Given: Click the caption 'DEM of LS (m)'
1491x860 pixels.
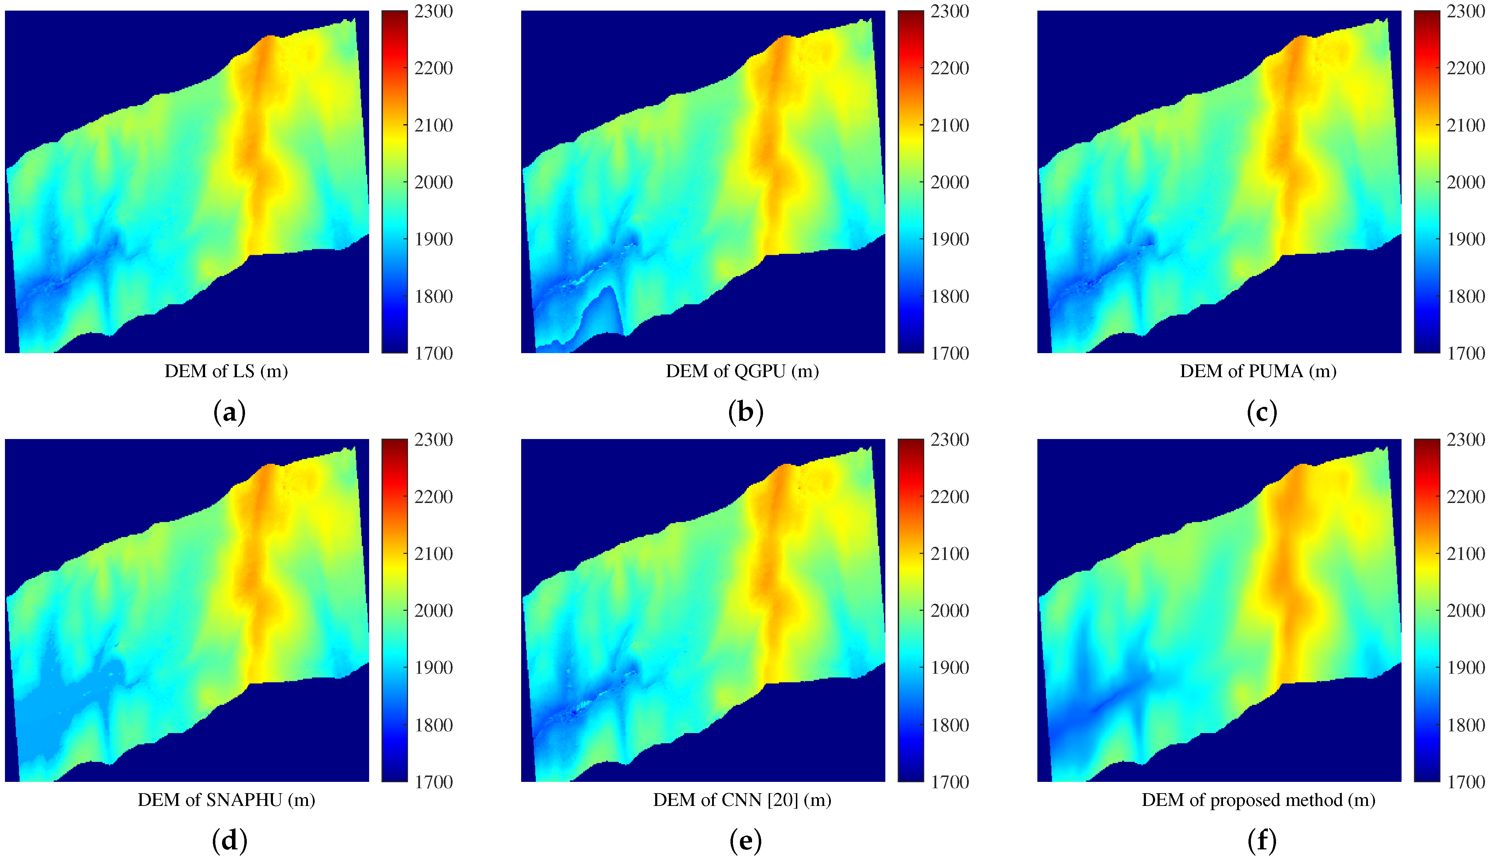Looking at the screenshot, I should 226,371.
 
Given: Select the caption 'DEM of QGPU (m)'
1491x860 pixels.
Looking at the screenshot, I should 742,371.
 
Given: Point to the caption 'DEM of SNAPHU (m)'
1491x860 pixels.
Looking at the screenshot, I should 226,800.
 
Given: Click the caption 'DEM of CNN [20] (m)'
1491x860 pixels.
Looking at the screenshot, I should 742,800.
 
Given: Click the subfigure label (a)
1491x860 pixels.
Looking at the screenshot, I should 229,412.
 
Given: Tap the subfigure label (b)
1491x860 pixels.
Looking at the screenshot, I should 745,412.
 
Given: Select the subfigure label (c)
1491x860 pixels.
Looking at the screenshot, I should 1262,412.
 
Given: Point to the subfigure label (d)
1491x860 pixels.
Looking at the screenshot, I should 229,841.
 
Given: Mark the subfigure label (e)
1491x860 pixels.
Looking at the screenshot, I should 745,841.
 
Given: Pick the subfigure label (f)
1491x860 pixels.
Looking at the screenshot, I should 1262,841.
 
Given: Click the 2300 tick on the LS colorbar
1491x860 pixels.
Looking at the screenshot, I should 433,11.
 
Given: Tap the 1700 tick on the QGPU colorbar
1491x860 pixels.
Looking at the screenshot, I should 949,353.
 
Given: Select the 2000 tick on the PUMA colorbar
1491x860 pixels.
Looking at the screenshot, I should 1466,182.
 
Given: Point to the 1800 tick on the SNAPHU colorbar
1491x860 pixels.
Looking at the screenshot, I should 433,725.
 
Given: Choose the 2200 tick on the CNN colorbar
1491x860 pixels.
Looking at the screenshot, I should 949,497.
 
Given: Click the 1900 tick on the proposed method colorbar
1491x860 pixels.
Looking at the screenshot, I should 1466,667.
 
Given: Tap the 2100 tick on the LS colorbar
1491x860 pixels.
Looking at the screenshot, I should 433,125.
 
